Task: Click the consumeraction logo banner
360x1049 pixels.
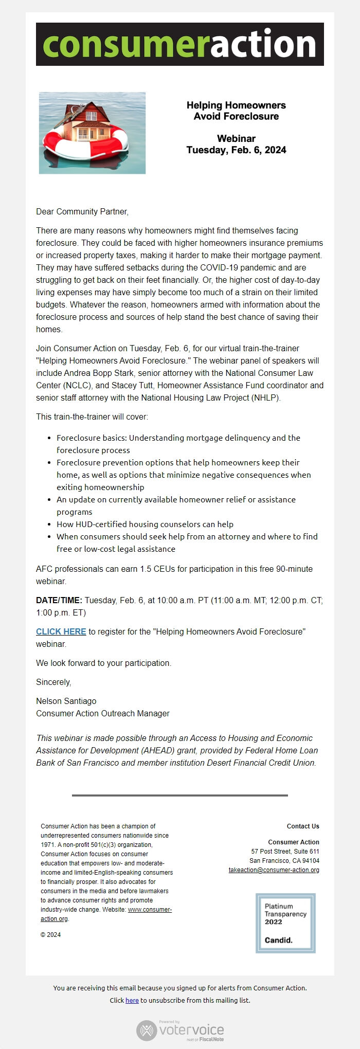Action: click(179, 44)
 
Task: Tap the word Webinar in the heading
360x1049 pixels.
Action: click(236, 138)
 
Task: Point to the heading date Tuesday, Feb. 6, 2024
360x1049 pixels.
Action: click(236, 150)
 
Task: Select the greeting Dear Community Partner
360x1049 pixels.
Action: click(82, 211)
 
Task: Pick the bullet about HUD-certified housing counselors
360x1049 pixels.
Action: click(145, 524)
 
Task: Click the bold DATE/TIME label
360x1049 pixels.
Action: click(59, 600)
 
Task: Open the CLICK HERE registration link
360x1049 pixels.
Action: click(61, 631)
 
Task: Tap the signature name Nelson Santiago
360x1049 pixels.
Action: click(66, 701)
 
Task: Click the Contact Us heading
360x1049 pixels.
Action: click(303, 826)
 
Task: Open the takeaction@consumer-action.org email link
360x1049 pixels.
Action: click(274, 870)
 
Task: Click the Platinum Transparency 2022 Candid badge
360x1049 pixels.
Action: click(285, 923)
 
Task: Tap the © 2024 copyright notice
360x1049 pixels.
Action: click(50, 935)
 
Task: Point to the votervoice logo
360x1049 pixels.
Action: click(180, 1030)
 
